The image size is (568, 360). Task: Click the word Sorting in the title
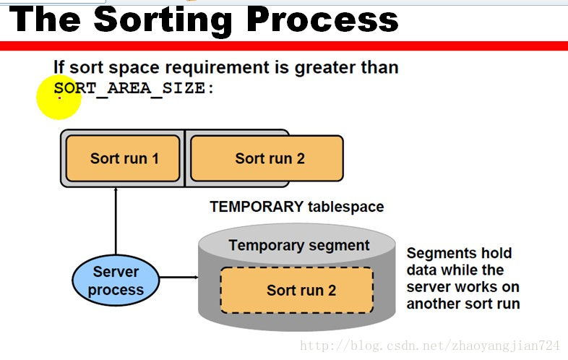pyautogui.click(x=163, y=21)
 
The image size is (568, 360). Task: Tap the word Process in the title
pyautogui.click(x=322, y=20)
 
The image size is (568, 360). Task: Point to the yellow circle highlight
pyautogui.click(x=59, y=97)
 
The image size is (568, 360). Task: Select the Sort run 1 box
pyautogui.click(x=123, y=158)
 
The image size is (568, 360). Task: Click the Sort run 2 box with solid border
pyautogui.click(x=267, y=158)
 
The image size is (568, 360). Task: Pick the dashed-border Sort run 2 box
pyautogui.click(x=297, y=290)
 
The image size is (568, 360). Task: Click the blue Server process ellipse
pyautogui.click(x=116, y=280)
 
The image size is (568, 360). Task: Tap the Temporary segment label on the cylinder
pyautogui.click(x=299, y=246)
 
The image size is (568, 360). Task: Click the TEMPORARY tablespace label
pyautogui.click(x=297, y=207)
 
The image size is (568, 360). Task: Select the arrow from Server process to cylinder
pyautogui.click(x=179, y=278)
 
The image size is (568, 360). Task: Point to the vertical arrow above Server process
pyautogui.click(x=116, y=221)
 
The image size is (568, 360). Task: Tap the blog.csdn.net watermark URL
pyautogui.click(x=430, y=346)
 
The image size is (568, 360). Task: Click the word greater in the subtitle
pyautogui.click(x=325, y=68)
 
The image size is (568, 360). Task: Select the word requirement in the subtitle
pyautogui.click(x=217, y=68)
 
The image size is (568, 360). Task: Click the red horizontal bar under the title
pyautogui.click(x=284, y=46)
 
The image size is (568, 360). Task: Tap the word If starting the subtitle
pyautogui.click(x=59, y=67)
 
